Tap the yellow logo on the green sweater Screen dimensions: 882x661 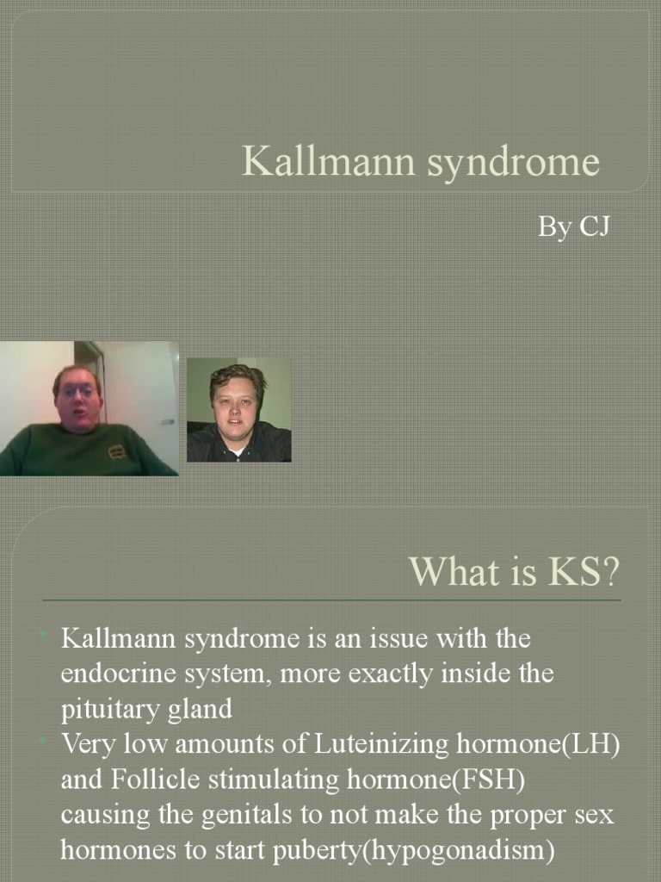117,451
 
